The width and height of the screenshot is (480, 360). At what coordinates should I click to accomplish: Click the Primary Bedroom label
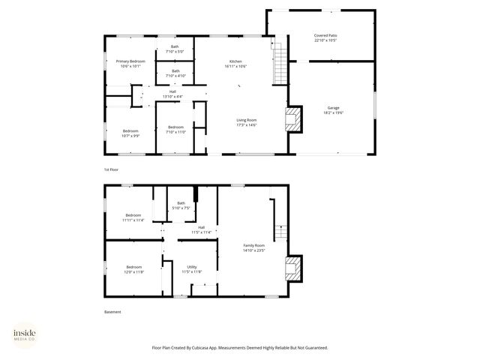130,61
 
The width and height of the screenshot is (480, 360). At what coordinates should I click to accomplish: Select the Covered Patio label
325,35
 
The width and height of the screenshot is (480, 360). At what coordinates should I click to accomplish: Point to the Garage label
333,108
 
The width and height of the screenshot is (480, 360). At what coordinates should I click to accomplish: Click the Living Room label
247,120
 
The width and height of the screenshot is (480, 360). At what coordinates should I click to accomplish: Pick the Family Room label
254,245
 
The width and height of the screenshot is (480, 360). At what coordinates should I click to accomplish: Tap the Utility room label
191,267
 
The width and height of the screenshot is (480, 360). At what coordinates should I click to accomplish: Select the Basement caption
112,312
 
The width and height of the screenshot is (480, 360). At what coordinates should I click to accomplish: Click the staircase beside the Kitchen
280,63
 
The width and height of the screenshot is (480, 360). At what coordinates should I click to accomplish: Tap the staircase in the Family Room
279,232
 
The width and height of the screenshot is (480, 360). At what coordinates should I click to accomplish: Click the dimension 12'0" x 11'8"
133,271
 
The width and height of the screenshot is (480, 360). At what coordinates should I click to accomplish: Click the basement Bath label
181,202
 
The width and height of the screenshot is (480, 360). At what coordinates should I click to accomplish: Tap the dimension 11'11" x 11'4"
133,220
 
